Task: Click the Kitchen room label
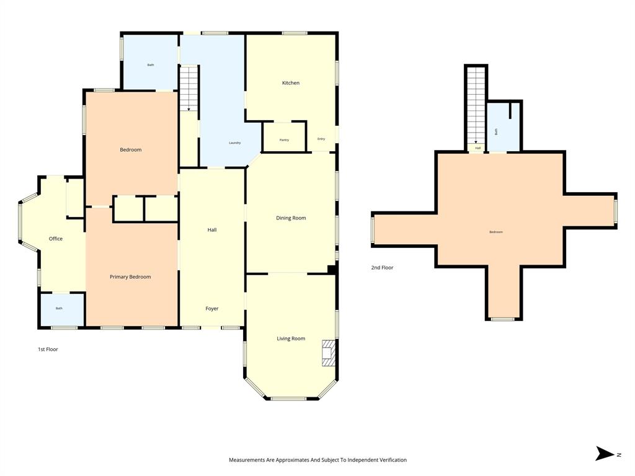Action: (x=291, y=83)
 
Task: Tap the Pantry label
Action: (x=284, y=140)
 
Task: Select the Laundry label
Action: (x=234, y=143)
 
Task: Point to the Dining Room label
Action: (x=291, y=218)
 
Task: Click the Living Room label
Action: (x=291, y=338)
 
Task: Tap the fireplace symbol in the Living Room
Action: (x=328, y=353)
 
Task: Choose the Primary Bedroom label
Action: (x=130, y=277)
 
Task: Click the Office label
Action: (x=56, y=239)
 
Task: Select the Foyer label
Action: (x=212, y=309)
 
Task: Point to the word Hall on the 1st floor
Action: (x=212, y=230)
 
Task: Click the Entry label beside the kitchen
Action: (x=321, y=139)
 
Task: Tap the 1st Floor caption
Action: (x=48, y=350)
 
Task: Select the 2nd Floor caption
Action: (x=383, y=268)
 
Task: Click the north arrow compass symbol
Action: (x=605, y=454)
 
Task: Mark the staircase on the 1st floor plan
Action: (x=189, y=89)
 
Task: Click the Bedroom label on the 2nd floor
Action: (x=496, y=232)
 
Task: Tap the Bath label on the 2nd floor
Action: (x=496, y=131)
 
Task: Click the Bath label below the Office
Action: (x=59, y=309)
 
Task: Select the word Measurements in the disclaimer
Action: (x=247, y=460)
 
